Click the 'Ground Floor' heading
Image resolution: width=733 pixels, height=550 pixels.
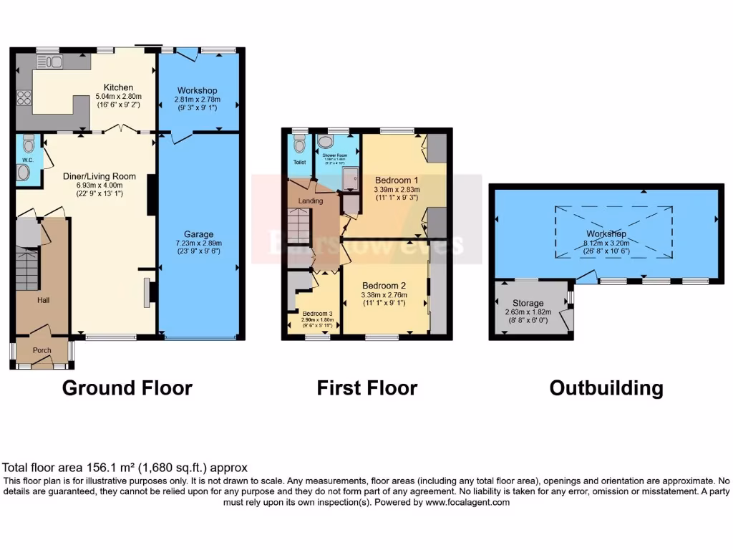(127, 388)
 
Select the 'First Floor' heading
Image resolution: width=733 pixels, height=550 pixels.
(366, 388)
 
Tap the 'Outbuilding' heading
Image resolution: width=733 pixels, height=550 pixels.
(606, 388)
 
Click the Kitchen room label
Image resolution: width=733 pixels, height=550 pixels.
(118, 87)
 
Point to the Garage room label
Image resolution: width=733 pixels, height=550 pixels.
(198, 234)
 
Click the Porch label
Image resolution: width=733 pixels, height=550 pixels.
(42, 350)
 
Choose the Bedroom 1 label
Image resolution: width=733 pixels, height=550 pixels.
(394, 180)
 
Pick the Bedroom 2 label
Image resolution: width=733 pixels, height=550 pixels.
(385, 285)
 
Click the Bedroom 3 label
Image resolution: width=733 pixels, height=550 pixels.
(315, 314)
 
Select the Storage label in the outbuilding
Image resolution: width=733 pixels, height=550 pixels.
(526, 304)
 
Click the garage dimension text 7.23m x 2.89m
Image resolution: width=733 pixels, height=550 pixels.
(198, 243)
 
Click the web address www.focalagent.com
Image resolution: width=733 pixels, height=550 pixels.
(468, 503)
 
